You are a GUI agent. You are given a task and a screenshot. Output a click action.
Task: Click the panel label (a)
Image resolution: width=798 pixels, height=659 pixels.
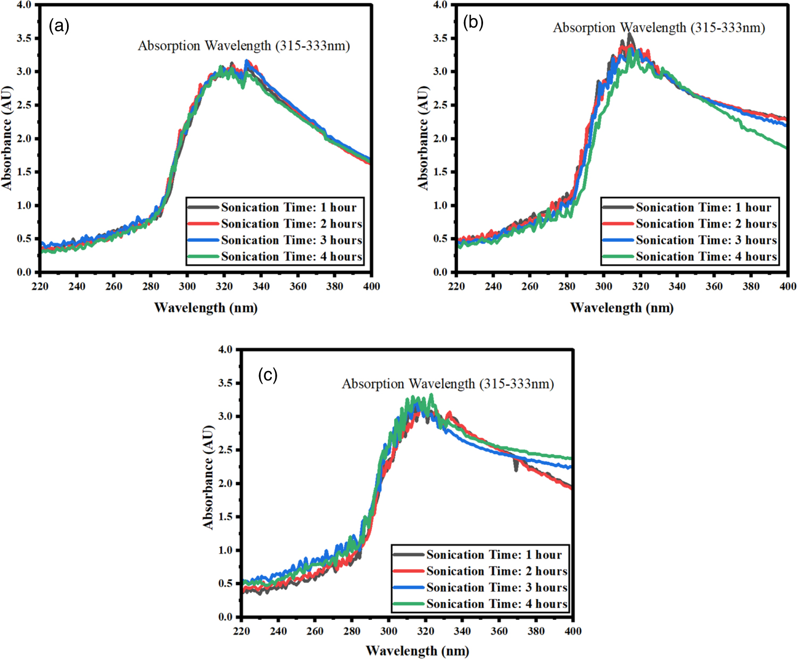(x=59, y=26)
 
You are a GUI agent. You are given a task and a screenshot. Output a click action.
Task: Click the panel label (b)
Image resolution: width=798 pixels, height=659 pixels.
(x=473, y=22)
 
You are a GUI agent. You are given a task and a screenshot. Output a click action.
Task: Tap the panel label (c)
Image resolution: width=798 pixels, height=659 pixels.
(x=268, y=375)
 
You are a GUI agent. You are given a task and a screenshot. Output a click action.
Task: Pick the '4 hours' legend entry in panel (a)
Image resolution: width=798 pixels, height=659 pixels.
(x=292, y=257)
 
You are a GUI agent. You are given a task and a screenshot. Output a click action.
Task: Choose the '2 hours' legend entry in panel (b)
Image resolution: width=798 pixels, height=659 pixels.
(x=706, y=224)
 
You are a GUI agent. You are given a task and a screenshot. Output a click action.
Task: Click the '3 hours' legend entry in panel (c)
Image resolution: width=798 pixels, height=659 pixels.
(x=496, y=587)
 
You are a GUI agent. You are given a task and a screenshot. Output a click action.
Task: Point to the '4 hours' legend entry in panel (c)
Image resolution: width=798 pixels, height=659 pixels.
(x=496, y=604)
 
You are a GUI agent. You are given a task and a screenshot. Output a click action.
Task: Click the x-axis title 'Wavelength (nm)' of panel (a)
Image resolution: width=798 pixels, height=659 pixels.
(x=206, y=308)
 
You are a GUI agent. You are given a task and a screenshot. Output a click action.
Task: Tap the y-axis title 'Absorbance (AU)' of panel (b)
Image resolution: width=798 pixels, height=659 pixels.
(x=423, y=138)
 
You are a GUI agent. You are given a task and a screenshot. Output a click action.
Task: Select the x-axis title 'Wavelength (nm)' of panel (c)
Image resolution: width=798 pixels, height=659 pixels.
(x=417, y=650)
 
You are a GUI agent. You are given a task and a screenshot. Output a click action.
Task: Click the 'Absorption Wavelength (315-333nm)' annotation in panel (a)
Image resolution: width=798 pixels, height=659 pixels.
(x=244, y=46)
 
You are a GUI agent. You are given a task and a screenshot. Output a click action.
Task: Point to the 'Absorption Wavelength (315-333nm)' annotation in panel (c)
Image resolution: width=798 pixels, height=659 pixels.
(x=447, y=384)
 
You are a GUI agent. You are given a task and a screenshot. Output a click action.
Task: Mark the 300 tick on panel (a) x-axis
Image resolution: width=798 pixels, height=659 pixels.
(x=187, y=286)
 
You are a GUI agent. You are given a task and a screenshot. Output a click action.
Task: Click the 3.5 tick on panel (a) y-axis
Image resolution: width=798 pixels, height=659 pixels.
(x=24, y=38)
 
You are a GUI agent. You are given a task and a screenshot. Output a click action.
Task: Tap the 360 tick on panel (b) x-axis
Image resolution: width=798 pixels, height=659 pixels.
(x=714, y=286)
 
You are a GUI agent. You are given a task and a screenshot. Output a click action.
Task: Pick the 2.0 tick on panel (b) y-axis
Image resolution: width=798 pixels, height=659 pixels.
(x=440, y=139)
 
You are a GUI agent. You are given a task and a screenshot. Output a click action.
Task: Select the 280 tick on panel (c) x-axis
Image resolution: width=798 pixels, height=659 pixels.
(x=352, y=631)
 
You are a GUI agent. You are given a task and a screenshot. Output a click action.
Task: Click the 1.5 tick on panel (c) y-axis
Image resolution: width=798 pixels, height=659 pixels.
(x=226, y=517)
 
